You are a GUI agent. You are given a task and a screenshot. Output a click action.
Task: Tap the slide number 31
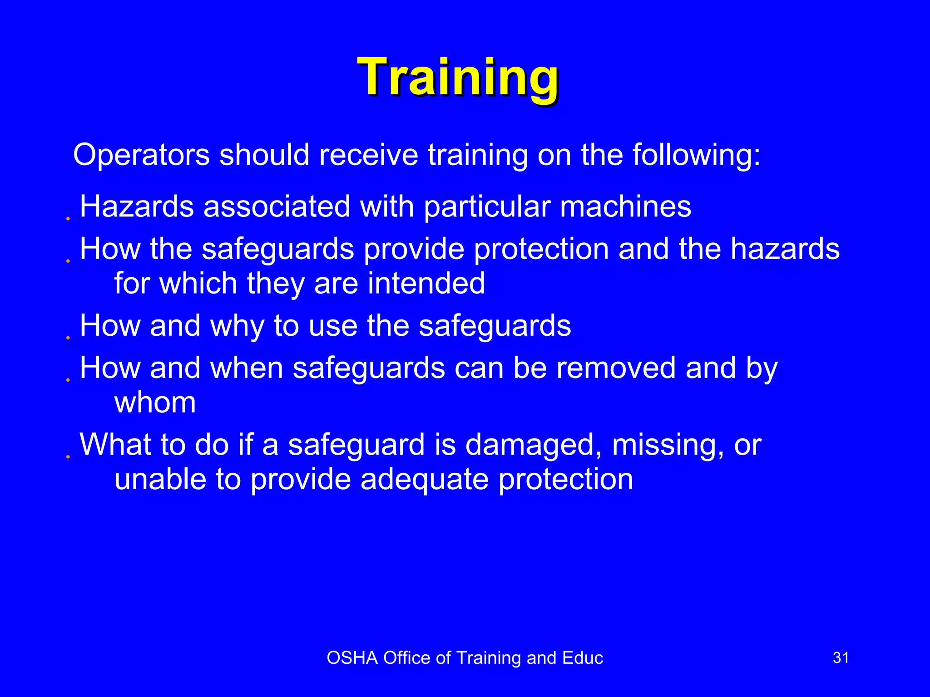coord(841,658)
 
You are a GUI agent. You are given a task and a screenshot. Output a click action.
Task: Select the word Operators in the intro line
coord(141,156)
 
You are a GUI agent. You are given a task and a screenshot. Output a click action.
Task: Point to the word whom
coord(155,402)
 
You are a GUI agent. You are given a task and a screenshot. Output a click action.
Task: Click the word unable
coord(160,479)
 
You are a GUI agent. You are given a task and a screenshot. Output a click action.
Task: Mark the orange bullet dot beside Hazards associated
coord(68,219)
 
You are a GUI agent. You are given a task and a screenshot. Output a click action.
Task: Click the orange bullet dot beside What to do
coord(68,457)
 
